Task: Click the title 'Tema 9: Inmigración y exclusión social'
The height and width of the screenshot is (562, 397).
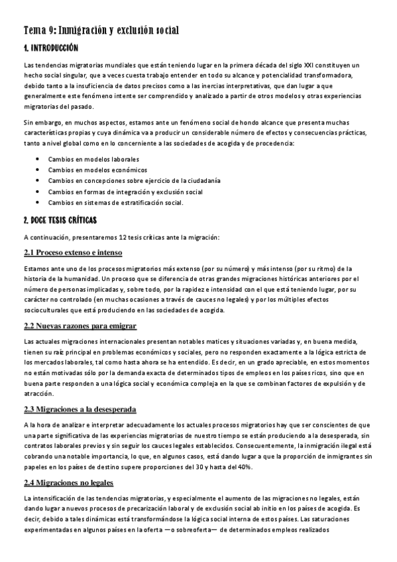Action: click(x=101, y=30)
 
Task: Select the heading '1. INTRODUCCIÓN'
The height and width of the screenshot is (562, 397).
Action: click(x=51, y=48)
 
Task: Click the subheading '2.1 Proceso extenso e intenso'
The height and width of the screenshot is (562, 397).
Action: click(x=72, y=253)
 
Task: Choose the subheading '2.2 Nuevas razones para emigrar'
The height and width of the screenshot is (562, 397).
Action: click(x=80, y=325)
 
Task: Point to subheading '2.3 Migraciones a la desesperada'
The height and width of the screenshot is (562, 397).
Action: click(x=80, y=409)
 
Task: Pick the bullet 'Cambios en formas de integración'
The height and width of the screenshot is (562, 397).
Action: click(x=125, y=192)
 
